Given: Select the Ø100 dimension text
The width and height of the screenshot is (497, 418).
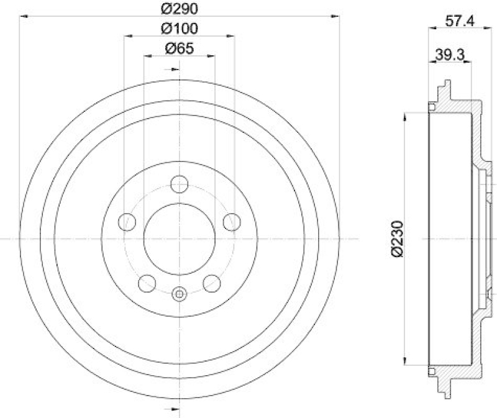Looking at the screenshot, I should (180, 29).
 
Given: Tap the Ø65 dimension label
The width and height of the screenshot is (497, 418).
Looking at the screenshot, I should (180, 48).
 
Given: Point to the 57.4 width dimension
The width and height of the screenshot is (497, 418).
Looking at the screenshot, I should (460, 21).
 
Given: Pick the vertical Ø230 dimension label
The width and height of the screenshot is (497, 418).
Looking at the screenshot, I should (397, 238).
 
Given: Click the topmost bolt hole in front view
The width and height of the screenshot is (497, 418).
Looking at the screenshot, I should (180, 184).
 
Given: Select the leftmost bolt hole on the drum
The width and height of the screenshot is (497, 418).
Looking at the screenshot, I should (127, 221).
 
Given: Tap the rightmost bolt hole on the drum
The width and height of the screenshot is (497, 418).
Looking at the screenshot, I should (232, 221).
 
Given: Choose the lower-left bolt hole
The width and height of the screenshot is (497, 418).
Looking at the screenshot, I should (147, 283).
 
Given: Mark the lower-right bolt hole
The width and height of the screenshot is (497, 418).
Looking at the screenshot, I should (212, 283).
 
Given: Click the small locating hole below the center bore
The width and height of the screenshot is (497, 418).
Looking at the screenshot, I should (180, 294).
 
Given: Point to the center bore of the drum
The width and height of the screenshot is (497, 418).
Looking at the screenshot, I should (180, 238).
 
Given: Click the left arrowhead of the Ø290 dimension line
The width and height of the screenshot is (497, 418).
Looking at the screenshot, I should (22, 17).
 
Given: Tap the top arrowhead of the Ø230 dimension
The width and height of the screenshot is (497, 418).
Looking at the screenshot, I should (406, 115).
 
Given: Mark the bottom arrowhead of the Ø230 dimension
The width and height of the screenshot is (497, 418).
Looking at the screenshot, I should (406, 362).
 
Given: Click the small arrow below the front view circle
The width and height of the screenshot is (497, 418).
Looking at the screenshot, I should (175, 408).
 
